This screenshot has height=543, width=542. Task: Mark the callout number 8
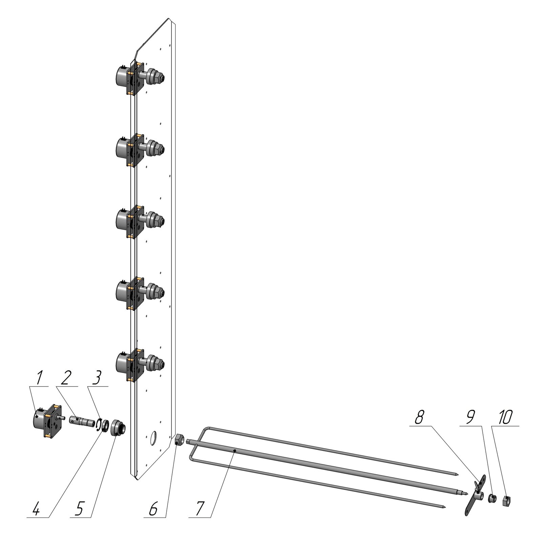point(419,418)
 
